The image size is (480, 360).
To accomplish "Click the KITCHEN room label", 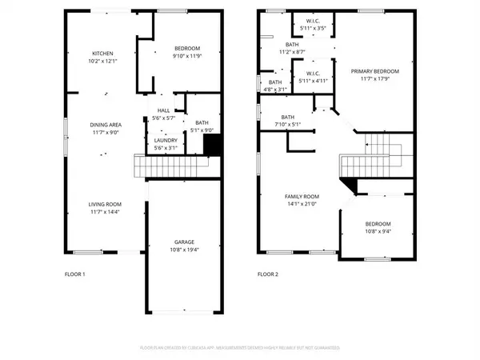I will click(104, 54).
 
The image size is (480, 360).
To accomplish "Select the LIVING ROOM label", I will click(104, 205).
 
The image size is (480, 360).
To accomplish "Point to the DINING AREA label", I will click(104, 124).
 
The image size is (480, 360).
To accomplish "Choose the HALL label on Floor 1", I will click(163, 110).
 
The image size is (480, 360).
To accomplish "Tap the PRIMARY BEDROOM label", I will click(374, 70).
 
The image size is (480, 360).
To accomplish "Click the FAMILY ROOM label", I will click(302, 196).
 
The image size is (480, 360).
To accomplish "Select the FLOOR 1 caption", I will click(74, 274).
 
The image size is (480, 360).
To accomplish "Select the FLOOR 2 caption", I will click(267, 274).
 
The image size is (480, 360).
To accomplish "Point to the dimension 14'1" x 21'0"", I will click(302, 204).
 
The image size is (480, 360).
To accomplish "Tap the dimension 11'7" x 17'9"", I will click(374, 78).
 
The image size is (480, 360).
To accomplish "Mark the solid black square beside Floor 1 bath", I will click(212, 145).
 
